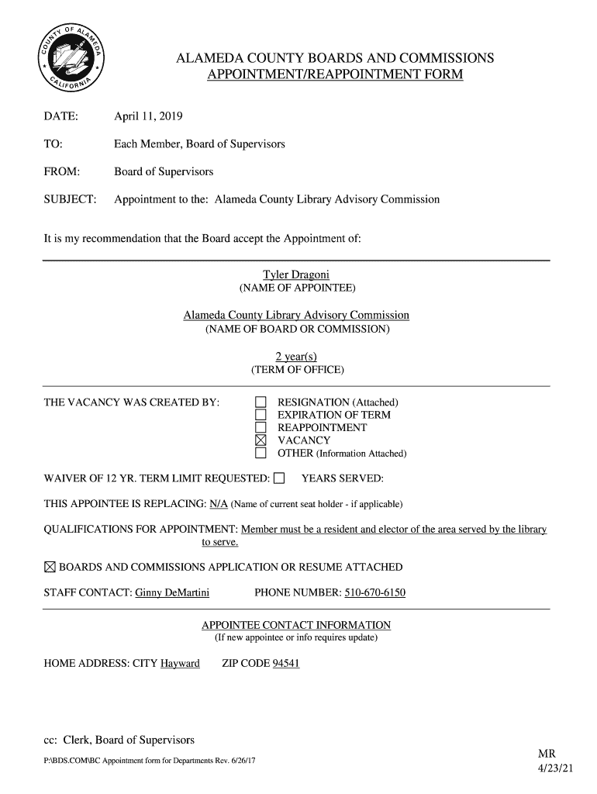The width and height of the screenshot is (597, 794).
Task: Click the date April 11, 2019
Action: tap(148, 116)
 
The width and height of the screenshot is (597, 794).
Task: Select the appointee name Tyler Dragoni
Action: tap(296, 274)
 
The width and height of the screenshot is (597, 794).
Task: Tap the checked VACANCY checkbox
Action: tap(261, 440)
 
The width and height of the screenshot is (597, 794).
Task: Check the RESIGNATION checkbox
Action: tap(261, 402)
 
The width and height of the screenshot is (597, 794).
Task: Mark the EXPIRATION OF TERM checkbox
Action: tap(261, 415)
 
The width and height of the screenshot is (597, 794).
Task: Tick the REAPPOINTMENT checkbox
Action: tap(261, 428)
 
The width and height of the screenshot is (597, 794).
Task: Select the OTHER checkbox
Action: tap(261, 453)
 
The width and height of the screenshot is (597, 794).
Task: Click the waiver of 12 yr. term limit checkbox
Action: tap(280, 478)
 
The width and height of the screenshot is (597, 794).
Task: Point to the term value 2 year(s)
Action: tap(296, 356)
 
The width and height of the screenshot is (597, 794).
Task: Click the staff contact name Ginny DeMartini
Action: tap(172, 593)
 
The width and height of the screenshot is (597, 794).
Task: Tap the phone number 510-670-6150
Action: tap(374, 593)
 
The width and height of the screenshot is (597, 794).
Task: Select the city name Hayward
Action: tap(180, 664)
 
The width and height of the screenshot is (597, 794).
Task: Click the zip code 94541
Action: tap(286, 664)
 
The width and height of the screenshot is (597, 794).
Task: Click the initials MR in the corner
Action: tap(547, 754)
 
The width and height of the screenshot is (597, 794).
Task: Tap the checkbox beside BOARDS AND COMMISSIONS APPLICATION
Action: tap(50, 568)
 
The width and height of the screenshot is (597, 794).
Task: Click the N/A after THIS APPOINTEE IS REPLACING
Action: tap(219, 504)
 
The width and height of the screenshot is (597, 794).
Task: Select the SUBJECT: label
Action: tap(70, 199)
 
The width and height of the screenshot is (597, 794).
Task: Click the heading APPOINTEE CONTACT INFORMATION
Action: tap(296, 625)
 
